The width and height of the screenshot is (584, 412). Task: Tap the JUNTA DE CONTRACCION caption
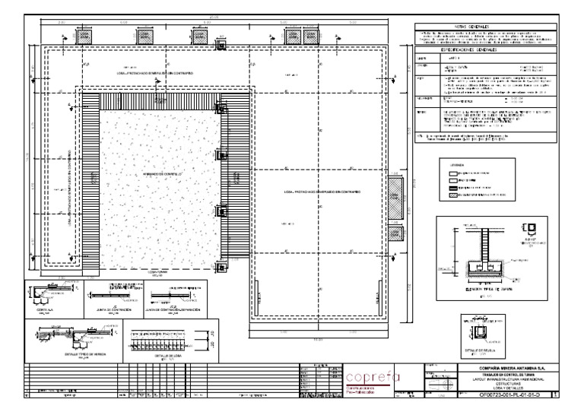tap(116, 311)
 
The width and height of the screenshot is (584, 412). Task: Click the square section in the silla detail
tap(481, 332)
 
